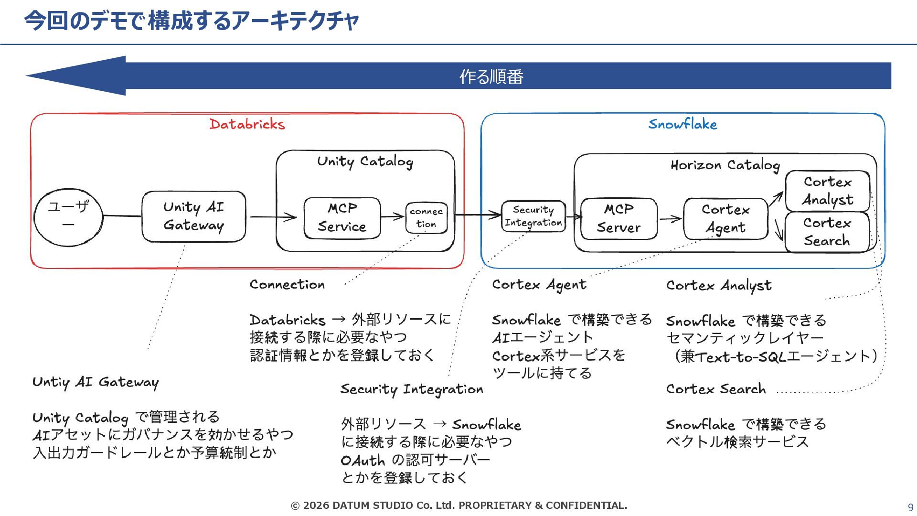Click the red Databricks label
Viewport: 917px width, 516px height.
click(x=247, y=124)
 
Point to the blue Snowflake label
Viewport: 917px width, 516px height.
click(x=682, y=124)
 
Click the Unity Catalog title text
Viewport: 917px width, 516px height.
click(x=365, y=161)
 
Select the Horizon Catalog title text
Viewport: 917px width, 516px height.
click(x=725, y=165)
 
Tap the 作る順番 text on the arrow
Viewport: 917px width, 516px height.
click(x=491, y=76)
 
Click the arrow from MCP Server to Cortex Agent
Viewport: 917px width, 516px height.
click(x=670, y=219)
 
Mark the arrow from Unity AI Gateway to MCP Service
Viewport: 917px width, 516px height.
click(x=273, y=217)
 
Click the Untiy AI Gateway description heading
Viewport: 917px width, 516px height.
click(x=96, y=382)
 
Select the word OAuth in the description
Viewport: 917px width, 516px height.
click(x=363, y=461)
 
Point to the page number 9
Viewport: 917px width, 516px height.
click(x=910, y=507)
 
